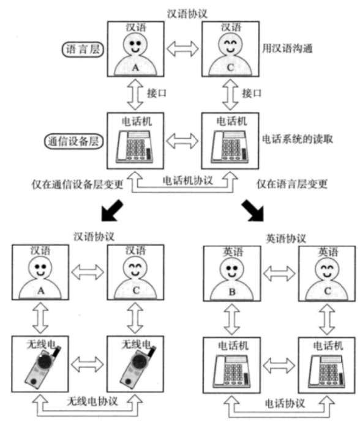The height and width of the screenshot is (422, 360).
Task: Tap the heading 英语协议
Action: [284, 238]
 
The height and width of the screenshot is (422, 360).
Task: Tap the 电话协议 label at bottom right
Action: [282, 404]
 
